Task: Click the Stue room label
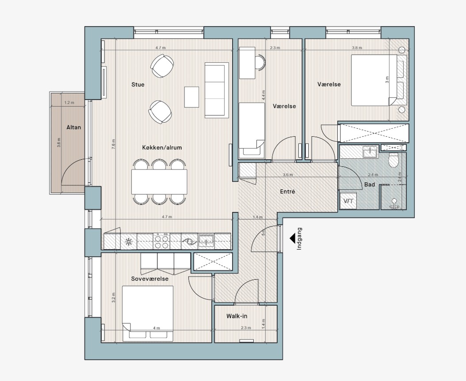point(138,85)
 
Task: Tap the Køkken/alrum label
point(162,147)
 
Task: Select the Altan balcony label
point(73,127)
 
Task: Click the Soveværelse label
point(150,279)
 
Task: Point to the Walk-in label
point(237,316)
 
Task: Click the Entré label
point(288,192)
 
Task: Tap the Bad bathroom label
point(370,185)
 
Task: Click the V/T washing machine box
point(348,201)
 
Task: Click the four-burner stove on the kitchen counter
point(161,241)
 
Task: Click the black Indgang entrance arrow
point(293,238)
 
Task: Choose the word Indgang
point(299,239)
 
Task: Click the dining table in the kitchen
point(159,182)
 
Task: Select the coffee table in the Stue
point(191,96)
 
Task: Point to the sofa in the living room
point(217,90)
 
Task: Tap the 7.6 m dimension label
point(113,144)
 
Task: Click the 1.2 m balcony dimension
point(69,103)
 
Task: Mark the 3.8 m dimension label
point(357,48)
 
